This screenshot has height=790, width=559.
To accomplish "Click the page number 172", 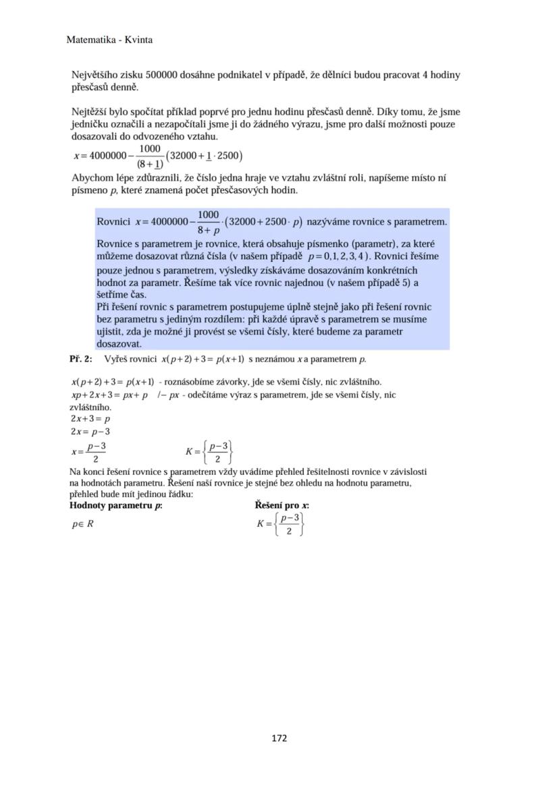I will tap(279, 738).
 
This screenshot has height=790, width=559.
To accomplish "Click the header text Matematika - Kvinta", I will tap(109, 40).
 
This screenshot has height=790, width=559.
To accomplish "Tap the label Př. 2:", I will tap(81, 359).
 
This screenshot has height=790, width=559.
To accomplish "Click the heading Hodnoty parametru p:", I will tap(116, 505).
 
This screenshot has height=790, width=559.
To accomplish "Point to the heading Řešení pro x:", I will tap(282, 505).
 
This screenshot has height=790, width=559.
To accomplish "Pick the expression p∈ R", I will tap(82, 524).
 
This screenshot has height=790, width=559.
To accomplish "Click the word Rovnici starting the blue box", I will tap(113, 221).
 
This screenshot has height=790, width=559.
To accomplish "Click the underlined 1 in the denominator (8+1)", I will tap(157, 164).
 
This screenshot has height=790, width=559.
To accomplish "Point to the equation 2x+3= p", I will tap(90, 418).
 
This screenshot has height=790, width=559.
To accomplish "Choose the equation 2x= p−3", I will tap(90, 431).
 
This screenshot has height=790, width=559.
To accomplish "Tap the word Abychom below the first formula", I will tap(93, 178).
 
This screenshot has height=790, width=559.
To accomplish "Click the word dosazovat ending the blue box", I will tap(118, 343).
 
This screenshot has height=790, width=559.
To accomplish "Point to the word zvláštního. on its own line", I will tap(90, 407).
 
